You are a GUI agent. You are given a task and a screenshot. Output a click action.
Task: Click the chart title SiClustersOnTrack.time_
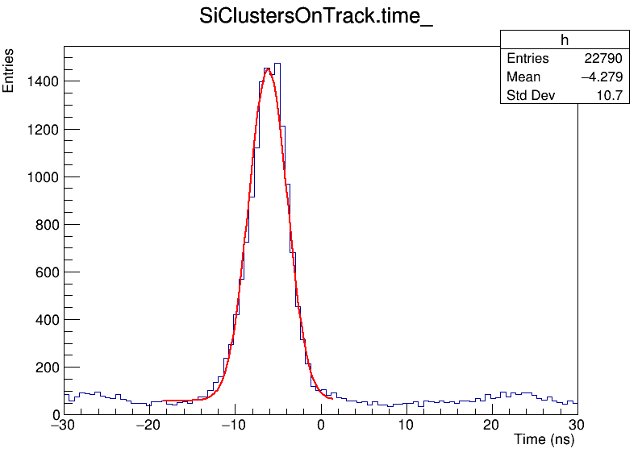pos(316,19)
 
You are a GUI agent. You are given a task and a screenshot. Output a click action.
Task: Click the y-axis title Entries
pos(9,70)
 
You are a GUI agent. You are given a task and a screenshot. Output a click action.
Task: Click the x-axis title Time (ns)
pos(544,440)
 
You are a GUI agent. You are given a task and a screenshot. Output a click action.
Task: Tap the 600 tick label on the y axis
pos(44,272)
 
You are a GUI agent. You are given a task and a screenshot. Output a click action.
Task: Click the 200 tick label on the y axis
pos(44,368)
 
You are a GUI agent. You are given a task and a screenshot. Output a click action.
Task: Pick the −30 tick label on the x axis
pos(62,425)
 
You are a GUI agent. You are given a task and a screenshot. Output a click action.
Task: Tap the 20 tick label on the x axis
pos(491,425)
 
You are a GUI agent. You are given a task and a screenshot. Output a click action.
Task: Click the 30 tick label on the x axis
pos(577,425)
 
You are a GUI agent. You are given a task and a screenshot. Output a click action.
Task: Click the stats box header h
pos(564,40)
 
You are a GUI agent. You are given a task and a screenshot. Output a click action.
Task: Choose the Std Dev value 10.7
pos(608,96)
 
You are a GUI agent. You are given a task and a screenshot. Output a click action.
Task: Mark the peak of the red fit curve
pos(268,69)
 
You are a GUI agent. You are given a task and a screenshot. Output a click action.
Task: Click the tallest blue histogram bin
pos(277,64)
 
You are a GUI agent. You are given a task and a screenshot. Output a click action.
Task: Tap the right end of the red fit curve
pos(331,398)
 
